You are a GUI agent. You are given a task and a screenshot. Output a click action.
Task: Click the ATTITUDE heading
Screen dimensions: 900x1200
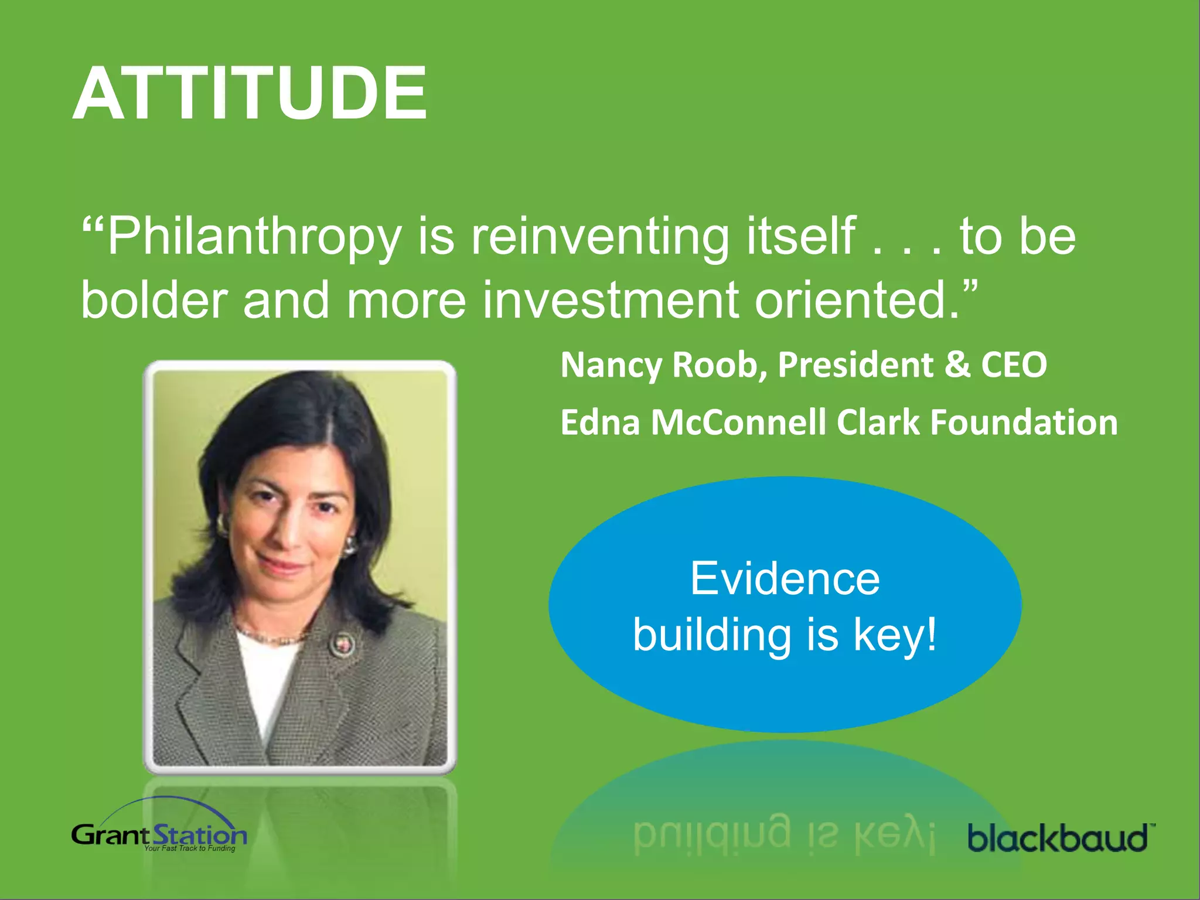(250, 94)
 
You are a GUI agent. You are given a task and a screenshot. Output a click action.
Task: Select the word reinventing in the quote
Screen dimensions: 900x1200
(600, 237)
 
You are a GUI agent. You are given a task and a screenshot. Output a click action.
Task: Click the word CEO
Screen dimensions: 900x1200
(1014, 365)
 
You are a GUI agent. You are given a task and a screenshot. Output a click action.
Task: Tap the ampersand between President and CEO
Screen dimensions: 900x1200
(957, 365)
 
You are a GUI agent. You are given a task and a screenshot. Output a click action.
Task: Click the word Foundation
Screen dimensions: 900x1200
(1024, 422)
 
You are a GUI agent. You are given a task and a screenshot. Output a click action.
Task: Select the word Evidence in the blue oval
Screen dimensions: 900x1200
(785, 579)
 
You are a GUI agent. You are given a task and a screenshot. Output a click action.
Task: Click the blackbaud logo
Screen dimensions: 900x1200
(1058, 837)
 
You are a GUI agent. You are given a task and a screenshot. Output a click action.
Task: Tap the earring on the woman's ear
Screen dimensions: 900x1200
(350, 546)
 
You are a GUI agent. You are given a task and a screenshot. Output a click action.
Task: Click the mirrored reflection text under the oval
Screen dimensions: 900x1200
(785, 832)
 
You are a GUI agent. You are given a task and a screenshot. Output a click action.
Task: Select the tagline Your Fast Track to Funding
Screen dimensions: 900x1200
(190, 848)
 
